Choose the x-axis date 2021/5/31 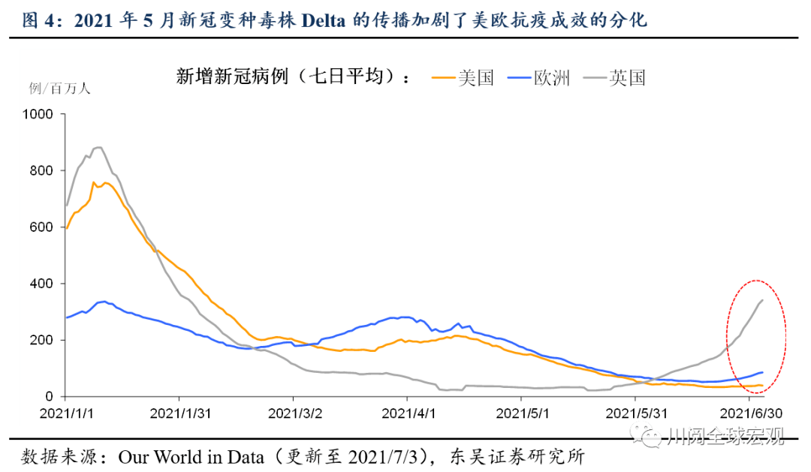click(636, 413)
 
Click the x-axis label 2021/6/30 click(750, 413)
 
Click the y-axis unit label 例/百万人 click(59, 89)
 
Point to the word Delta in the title click(324, 20)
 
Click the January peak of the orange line click(94, 182)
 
